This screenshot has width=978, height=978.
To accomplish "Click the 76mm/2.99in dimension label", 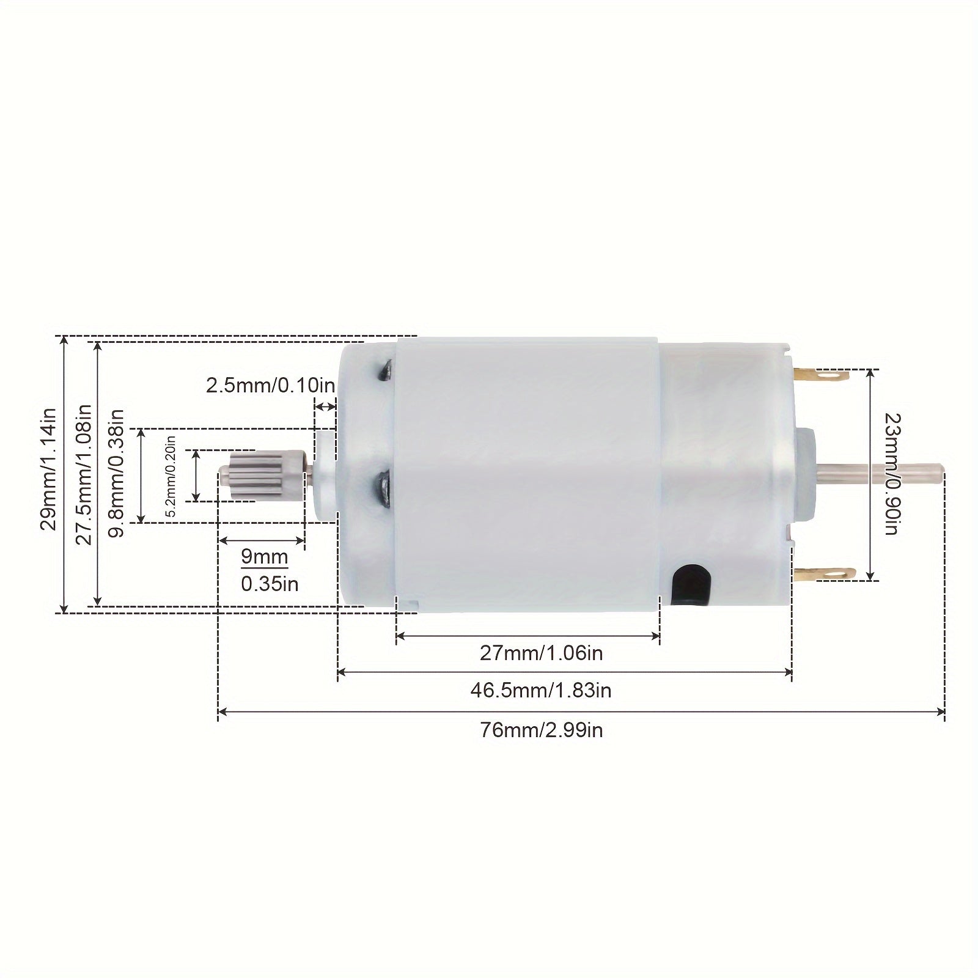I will pos(541,729).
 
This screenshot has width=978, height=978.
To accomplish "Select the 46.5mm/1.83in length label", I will pos(541,690).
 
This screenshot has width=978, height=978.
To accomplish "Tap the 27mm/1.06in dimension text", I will pos(541,653).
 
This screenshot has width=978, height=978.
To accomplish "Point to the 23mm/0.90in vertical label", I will pos(891,474).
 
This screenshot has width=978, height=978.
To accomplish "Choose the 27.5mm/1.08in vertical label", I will pos(84,474).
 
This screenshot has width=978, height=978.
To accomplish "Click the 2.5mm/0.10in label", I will pos(270,386).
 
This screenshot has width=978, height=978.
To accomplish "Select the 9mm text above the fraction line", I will pos(264,557).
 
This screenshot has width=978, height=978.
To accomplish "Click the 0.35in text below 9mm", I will pos(270,584).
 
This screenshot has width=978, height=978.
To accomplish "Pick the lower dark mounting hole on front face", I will pos(384,487).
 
